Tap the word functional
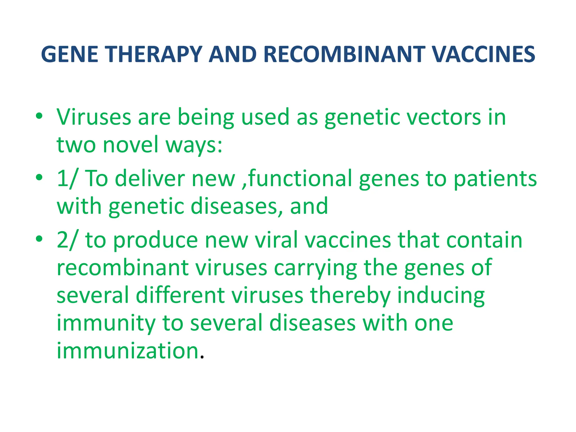pos(300,179)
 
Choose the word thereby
pos(350,296)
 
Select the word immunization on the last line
pos(128,351)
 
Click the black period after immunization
pos(202,358)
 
